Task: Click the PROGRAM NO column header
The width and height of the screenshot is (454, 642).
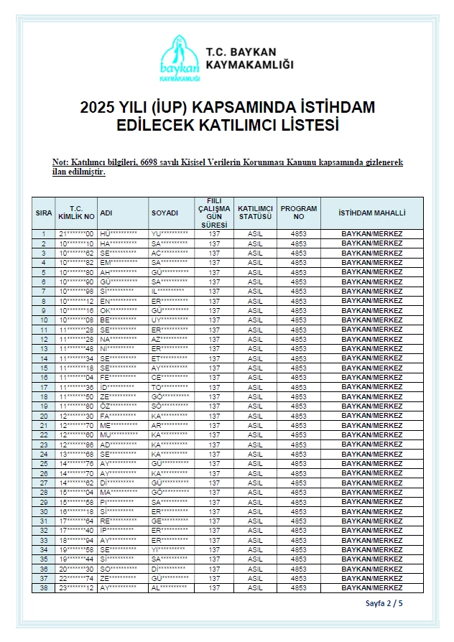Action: (298, 213)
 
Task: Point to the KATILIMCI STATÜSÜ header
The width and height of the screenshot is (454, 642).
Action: (255, 213)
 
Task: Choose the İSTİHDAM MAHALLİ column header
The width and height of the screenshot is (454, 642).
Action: (371, 213)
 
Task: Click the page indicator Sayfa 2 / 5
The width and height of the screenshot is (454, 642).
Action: (384, 603)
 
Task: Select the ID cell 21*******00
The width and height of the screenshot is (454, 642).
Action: (76, 234)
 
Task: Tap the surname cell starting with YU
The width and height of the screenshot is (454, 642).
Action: (170, 234)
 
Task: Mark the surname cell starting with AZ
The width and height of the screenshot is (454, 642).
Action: (170, 339)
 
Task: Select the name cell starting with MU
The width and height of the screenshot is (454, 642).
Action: (119, 434)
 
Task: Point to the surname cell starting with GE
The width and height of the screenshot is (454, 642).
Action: (170, 521)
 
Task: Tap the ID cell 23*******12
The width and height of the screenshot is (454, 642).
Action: (76, 587)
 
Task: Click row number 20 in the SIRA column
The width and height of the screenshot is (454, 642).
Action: (44, 416)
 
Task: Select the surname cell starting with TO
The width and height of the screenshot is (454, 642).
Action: (170, 387)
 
